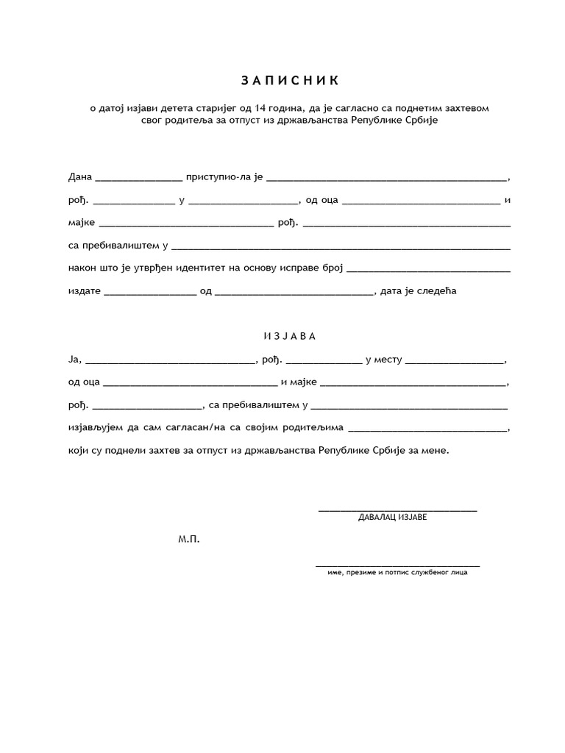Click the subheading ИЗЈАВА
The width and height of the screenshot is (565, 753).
[289, 336]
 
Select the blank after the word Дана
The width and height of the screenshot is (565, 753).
[138, 179]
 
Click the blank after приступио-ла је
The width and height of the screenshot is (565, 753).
[386, 179]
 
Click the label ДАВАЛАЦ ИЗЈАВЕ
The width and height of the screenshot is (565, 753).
[392, 517]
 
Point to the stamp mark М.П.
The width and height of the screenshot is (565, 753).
[188, 539]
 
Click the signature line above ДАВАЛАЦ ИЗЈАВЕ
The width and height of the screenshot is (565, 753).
[397, 509]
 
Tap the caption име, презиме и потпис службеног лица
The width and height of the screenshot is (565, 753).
[397, 573]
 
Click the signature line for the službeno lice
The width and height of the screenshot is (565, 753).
[397, 565]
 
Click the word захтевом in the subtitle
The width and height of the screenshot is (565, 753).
[465, 108]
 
